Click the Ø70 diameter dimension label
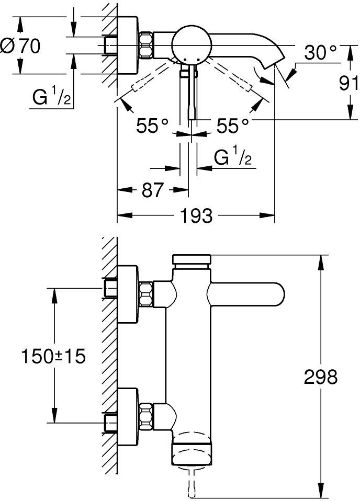[x=21, y=47]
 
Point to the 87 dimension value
[x=153, y=190]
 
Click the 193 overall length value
[x=197, y=214]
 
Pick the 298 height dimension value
[x=321, y=376]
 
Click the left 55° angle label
[x=152, y=126]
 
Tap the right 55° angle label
[x=232, y=126]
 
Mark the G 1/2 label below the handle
[x=232, y=157]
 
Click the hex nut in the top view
[x=146, y=45]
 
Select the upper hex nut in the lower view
[x=146, y=293]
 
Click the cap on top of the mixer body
[x=192, y=259]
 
